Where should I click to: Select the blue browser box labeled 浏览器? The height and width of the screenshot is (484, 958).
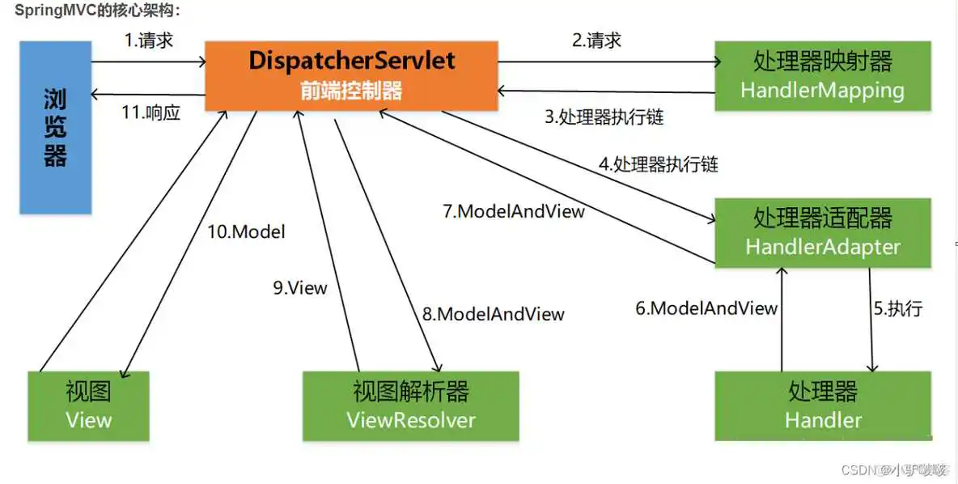[55, 128]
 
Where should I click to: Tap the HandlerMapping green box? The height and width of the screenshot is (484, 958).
[822, 76]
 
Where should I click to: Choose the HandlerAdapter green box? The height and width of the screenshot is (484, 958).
[822, 232]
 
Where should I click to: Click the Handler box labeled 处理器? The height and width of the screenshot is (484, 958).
[822, 406]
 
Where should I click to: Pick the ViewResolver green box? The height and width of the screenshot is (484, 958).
[410, 406]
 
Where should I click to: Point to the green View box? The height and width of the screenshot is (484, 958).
[88, 406]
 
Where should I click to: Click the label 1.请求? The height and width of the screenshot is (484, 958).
[149, 40]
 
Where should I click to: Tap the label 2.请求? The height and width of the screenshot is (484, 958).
[596, 40]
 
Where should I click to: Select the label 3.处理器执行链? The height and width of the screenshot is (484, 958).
[604, 117]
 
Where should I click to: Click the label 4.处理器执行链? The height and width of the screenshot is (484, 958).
[658, 164]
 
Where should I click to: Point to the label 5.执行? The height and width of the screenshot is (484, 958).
[897, 308]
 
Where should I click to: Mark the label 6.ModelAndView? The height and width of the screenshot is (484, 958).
[706, 308]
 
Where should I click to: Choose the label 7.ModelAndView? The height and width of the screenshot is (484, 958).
[513, 211]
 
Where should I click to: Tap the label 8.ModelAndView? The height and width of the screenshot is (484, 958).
[492, 314]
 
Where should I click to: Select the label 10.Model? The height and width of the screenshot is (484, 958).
[246, 231]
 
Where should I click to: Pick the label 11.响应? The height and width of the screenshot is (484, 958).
[150, 113]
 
